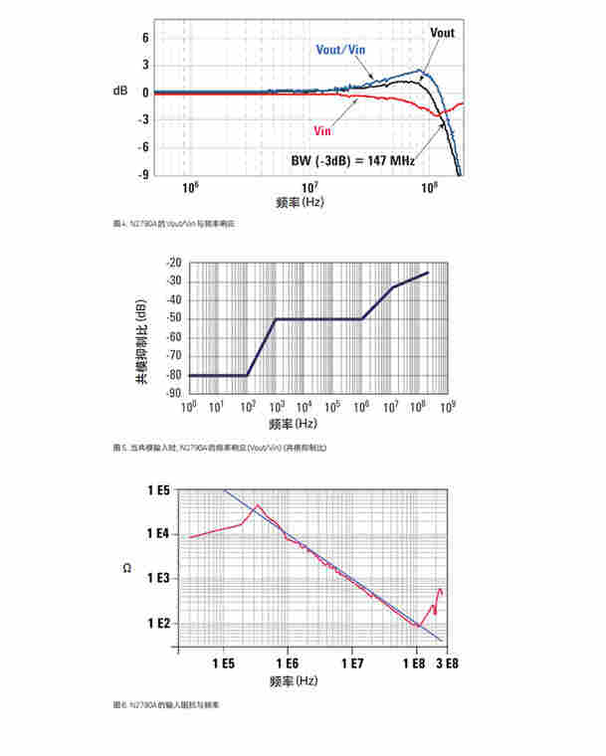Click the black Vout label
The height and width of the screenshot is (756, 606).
(x=442, y=33)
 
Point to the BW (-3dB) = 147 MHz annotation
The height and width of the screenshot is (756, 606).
(x=351, y=159)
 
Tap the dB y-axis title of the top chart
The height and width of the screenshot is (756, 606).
(x=120, y=91)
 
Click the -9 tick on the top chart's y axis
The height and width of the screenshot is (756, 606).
(x=144, y=175)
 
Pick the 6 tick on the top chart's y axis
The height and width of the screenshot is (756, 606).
(x=145, y=38)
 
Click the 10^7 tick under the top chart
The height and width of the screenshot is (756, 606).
(x=309, y=186)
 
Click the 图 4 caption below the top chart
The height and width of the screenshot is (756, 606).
(x=175, y=225)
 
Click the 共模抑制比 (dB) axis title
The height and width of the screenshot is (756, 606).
(x=142, y=328)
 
